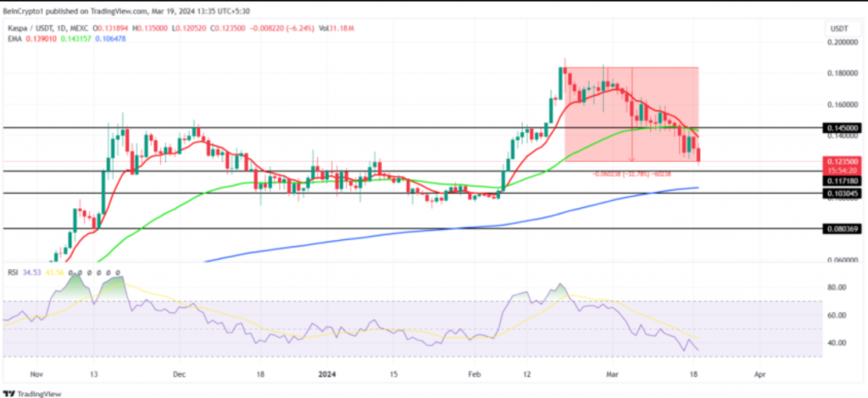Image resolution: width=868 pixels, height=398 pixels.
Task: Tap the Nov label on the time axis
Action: click(35, 373)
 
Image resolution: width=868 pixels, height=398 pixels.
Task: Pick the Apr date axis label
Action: click(760, 373)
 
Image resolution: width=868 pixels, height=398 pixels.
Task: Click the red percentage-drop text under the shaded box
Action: click(632, 174)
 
